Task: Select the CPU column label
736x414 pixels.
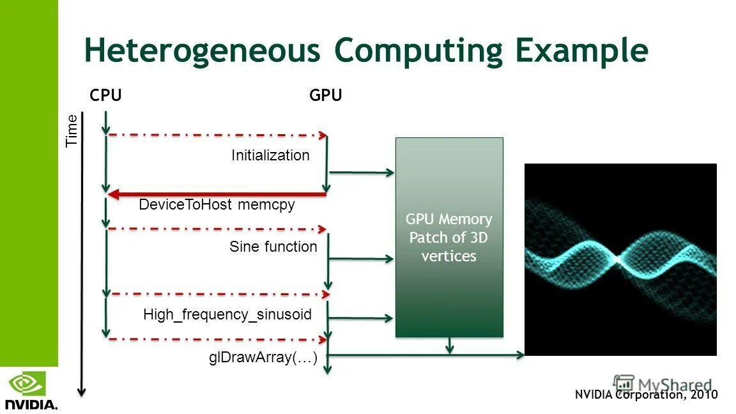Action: tap(105, 96)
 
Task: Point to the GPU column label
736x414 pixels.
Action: tap(326, 96)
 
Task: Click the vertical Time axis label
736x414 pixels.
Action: tap(72, 130)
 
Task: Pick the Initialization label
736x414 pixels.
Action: tap(270, 155)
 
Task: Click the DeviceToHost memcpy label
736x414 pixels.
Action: tap(217, 205)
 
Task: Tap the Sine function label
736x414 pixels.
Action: tap(273, 247)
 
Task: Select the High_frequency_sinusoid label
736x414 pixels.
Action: tap(227, 314)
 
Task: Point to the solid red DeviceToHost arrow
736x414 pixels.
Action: tap(217, 194)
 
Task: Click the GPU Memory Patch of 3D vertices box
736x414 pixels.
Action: tap(449, 238)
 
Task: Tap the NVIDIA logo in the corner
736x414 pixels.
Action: tap(31, 391)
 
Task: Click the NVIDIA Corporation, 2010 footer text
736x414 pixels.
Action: tap(646, 395)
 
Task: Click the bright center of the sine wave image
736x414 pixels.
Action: tap(618, 258)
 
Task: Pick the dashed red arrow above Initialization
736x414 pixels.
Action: tap(217, 135)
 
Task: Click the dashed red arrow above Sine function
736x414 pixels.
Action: tap(217, 228)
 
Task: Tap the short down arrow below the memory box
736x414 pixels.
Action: tap(450, 346)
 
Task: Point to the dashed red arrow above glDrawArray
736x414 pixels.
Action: tap(217, 339)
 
